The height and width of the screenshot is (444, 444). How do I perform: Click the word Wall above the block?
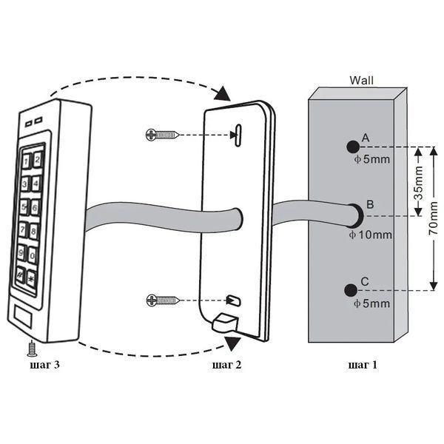361,81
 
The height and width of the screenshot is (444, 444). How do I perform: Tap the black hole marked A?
353,147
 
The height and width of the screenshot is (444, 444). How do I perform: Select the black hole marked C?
351,290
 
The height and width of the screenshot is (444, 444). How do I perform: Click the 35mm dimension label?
419,184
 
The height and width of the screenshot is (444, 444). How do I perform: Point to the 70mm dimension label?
433,218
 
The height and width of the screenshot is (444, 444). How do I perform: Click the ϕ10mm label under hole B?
371,235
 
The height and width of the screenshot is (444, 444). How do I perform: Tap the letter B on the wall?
370,204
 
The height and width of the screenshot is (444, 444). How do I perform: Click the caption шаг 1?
363,365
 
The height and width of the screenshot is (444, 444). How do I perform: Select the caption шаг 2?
226,365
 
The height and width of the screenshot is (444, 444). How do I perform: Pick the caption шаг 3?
44,365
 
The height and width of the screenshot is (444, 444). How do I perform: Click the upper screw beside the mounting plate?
163,135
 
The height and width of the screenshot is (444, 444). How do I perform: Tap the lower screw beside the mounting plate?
164,300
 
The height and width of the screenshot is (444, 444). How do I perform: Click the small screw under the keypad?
32,349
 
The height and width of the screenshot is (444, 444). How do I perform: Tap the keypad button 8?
33,232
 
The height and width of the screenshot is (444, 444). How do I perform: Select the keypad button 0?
32,255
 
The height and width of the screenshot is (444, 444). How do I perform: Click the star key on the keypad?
31,279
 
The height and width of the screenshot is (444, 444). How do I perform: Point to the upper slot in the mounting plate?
238,135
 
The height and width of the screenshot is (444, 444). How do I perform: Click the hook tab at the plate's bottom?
225,322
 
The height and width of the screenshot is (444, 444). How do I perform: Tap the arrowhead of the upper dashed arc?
223,93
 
